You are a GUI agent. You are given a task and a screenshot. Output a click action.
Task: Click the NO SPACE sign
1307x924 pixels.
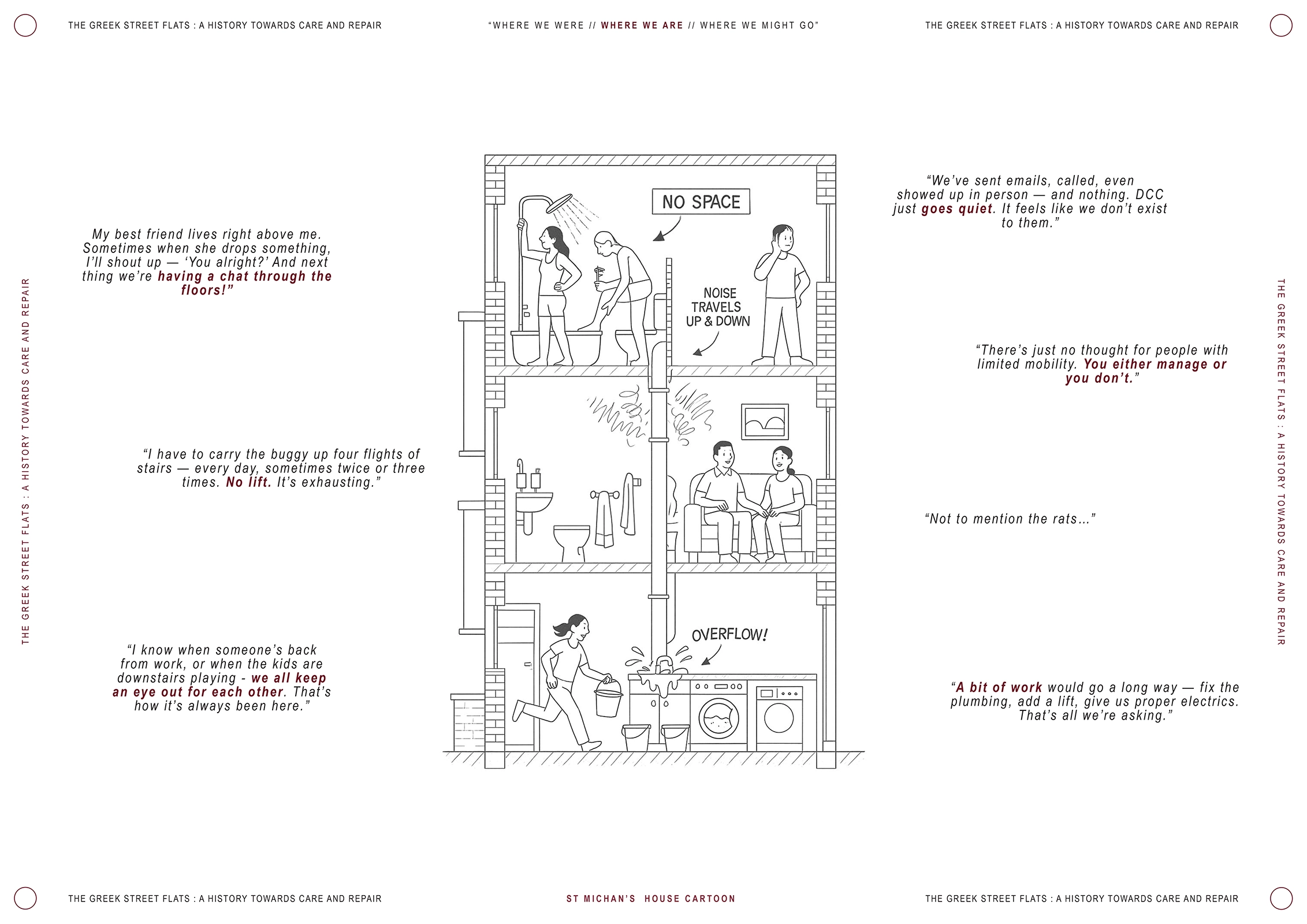click(701, 202)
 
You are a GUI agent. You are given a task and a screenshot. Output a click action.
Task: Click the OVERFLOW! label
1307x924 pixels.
click(729, 635)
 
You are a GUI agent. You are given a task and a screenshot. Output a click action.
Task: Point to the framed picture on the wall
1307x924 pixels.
click(765, 422)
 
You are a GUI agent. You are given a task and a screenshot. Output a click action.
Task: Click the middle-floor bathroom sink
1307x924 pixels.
click(534, 502)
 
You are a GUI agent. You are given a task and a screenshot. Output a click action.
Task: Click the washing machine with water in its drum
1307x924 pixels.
click(718, 715)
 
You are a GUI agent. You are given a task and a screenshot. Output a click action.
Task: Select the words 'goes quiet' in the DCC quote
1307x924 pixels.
click(957, 208)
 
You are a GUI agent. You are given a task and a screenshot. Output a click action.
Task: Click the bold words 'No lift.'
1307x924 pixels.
click(248, 482)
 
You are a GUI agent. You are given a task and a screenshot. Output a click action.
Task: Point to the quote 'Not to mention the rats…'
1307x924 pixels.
click(1010, 519)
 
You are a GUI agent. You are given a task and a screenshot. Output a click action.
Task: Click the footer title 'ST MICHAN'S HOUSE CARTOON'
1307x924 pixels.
click(651, 899)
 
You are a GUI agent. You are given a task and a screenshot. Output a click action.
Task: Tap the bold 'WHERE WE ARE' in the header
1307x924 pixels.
click(642, 25)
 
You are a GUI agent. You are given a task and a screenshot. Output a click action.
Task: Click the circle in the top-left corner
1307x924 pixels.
click(25, 25)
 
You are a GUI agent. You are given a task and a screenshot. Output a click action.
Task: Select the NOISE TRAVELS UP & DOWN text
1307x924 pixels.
click(718, 307)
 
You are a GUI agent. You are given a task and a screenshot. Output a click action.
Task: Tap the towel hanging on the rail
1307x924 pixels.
click(604, 518)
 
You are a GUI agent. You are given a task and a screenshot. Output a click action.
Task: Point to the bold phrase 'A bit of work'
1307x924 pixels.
click(999, 687)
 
